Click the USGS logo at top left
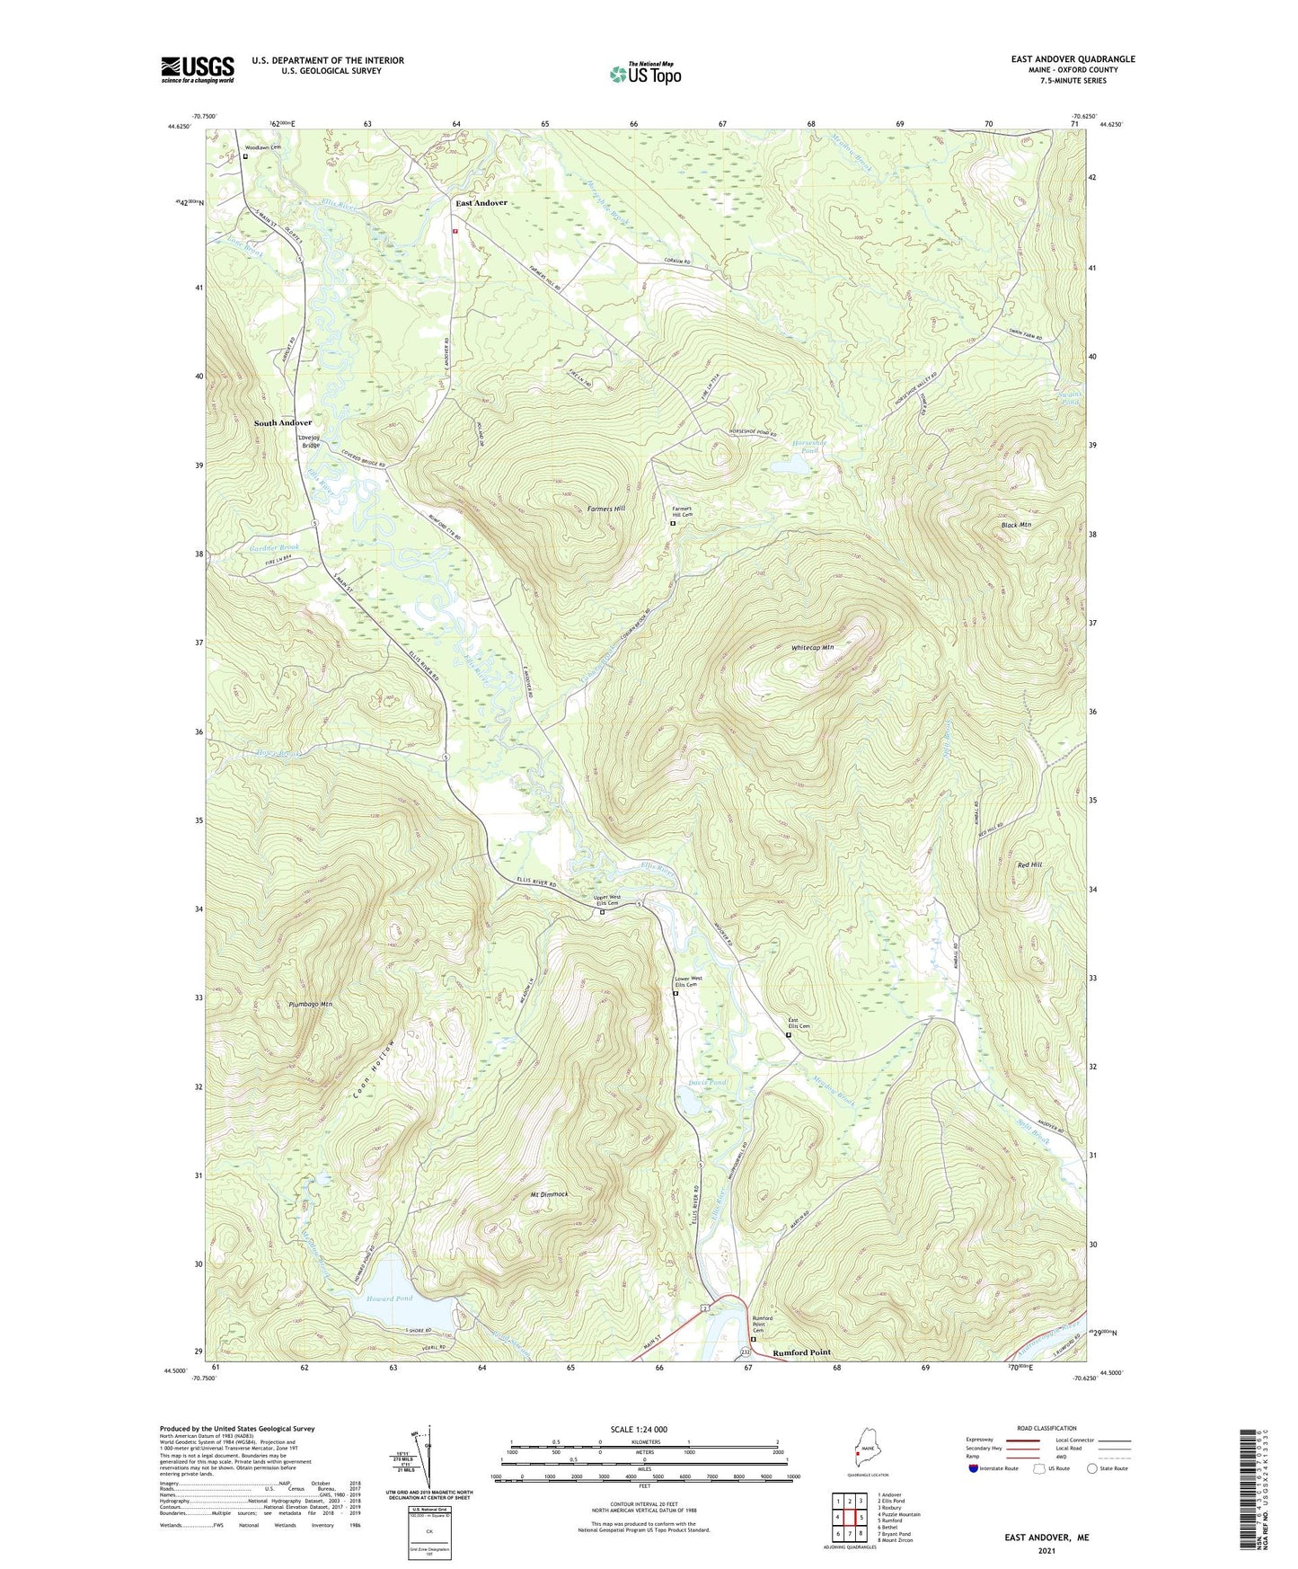pos(198,69)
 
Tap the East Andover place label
pos(481,203)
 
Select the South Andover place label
pos(282,422)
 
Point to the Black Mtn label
pos(1016,525)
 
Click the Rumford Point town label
pos(801,1352)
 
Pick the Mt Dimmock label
pos(549,1194)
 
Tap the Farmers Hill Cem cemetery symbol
pos(673,522)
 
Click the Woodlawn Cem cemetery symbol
pos(245,155)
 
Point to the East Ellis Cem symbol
pos(789,1034)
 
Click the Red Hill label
pos(1029,864)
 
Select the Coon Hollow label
pos(374,1069)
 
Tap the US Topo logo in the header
pos(644,74)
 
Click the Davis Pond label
pos(707,1083)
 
